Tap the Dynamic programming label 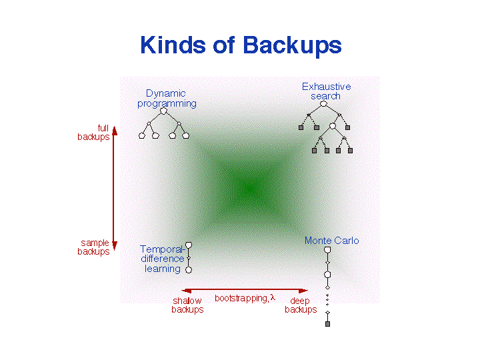point(167,99)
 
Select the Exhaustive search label point(326,91)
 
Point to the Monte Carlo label point(331,241)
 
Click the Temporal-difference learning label point(162,259)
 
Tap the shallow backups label point(187,305)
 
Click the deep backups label point(301,305)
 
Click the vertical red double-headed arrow point(114,189)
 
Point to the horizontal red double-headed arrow point(245,291)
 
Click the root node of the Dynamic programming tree point(163,111)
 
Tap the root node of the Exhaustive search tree point(325,104)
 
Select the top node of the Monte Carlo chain point(327,250)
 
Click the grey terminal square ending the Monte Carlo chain point(327,324)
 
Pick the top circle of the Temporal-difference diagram point(189,245)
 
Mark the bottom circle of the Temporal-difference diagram point(189,270)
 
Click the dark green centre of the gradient point(248,189)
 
